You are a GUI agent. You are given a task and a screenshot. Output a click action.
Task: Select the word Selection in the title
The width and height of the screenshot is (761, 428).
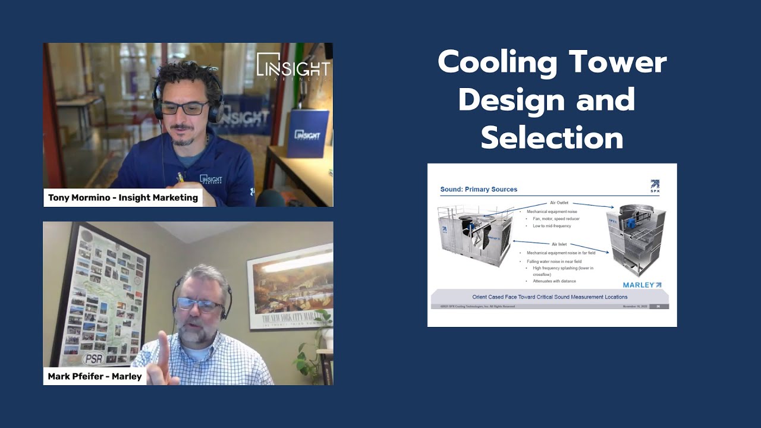point(552,137)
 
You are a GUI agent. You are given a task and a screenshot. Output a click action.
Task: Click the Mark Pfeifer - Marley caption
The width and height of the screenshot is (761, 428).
point(95,376)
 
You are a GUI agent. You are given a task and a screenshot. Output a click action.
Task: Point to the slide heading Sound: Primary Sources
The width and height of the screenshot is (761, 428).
point(479,190)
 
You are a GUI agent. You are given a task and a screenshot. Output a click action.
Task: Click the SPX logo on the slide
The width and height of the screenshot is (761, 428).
point(655,186)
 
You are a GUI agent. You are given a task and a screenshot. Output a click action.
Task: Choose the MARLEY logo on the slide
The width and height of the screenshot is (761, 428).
point(641,285)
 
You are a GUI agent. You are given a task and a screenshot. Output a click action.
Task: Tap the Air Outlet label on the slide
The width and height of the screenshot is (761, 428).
point(559,203)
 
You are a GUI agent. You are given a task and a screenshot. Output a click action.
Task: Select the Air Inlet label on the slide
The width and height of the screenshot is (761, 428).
point(559,244)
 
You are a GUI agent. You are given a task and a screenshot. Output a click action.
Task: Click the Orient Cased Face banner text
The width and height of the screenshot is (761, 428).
point(549,297)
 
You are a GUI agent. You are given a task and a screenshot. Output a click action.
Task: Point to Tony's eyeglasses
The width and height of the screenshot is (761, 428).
point(185,108)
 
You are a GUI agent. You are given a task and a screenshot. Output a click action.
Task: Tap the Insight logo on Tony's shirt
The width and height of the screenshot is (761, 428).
point(211,179)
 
